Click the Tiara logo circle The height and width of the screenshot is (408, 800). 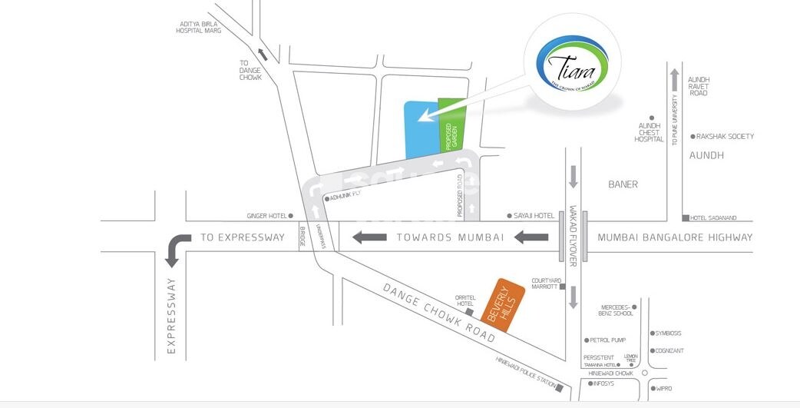point(569,66)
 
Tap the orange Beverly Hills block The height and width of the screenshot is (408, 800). point(502,305)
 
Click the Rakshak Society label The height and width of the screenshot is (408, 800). point(725,137)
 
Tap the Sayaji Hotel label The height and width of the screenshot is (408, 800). point(534,216)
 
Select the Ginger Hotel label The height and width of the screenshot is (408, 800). point(266,216)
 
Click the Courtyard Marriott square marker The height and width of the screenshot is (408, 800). point(563,287)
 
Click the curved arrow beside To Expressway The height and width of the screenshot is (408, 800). point(177,247)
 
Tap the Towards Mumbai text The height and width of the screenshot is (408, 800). point(450,237)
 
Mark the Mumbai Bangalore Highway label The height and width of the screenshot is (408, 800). point(675,237)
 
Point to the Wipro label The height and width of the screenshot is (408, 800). point(663,389)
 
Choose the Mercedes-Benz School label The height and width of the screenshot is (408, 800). point(617,310)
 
